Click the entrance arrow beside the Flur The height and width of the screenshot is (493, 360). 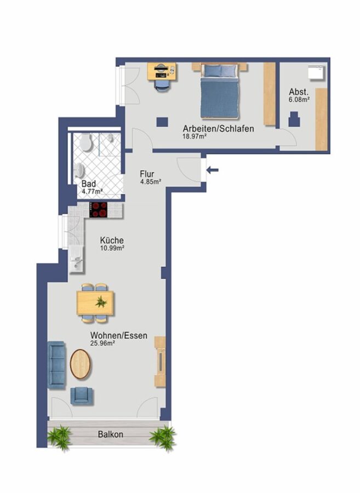click(212, 170)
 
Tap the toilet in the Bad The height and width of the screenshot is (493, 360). click(85, 142)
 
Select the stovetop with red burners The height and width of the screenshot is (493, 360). click(99, 210)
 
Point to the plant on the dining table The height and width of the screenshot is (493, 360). click(101, 302)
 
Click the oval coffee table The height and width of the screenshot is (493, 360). click(80, 364)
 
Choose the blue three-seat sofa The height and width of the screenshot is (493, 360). click(56, 365)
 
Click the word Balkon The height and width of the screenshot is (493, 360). click(110, 434)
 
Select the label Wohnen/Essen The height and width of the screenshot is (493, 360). click(119, 335)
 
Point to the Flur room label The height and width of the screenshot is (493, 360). click(147, 174)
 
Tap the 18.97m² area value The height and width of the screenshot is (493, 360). click(195, 136)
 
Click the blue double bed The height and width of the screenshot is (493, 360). click(220, 91)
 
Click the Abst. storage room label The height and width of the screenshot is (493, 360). click(299, 92)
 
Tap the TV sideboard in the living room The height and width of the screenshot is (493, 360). click(160, 362)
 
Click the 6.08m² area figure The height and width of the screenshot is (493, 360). click(299, 100)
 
